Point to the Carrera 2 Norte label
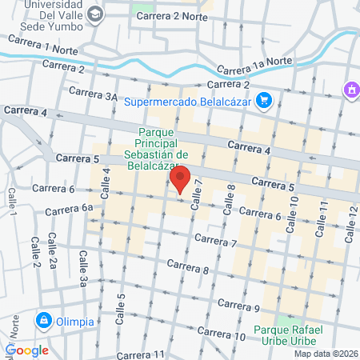tap(166, 16)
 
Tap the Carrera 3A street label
tap(93, 92)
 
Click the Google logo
tap(26, 350)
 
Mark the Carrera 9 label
tap(238, 306)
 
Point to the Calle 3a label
tap(82, 267)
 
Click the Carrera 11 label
tap(140, 354)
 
